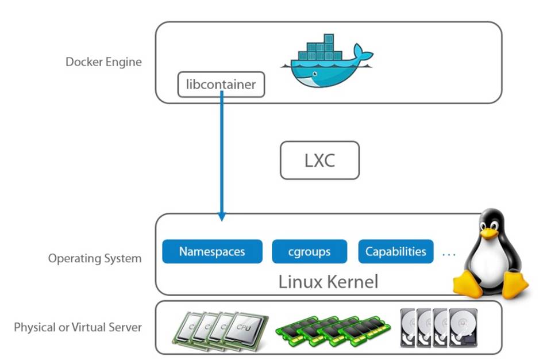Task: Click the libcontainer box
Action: click(x=221, y=85)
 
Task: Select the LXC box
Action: click(x=319, y=160)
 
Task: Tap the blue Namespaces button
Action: click(x=212, y=251)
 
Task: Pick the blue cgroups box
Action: click(x=309, y=251)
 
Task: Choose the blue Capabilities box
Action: click(x=395, y=251)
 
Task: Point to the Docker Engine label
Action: click(x=103, y=62)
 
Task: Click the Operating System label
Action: click(x=95, y=258)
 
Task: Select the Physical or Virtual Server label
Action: click(x=78, y=327)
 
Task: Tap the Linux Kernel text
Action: click(x=328, y=282)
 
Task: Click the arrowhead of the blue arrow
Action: click(x=222, y=217)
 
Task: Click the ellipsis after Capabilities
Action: click(x=449, y=252)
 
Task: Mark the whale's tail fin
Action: click(x=363, y=55)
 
